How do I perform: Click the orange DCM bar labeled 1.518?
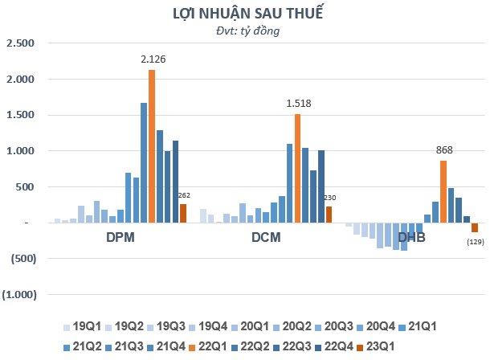[x=297, y=168]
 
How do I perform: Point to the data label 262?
[x=184, y=194]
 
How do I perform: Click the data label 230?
[x=329, y=197]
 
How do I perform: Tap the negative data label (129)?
[x=476, y=243]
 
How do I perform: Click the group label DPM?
[x=120, y=239]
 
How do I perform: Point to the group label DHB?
[x=411, y=239]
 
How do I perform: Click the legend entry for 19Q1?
[x=84, y=328]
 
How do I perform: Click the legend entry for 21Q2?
[x=84, y=347]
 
